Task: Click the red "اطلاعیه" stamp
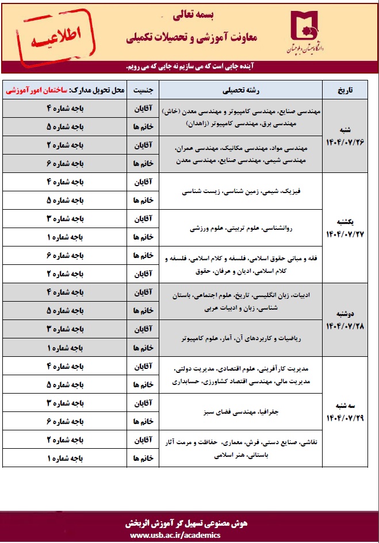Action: (x=51, y=38)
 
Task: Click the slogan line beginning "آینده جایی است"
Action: (x=190, y=66)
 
